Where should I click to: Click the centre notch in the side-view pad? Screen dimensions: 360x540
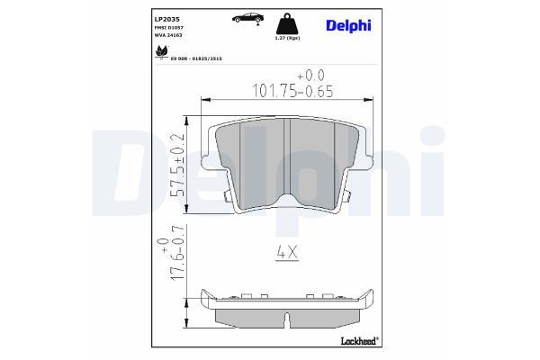click(x=287, y=318)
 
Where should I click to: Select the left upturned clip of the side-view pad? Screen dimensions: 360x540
click(x=208, y=296)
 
